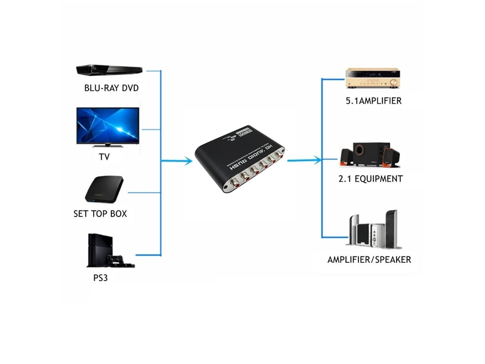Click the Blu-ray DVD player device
(108, 70)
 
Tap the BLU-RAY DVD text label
(111, 88)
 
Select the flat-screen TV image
(107, 126)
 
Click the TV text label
(104, 157)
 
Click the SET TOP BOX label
(100, 213)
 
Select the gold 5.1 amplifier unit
(373, 78)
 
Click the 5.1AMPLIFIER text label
(373, 101)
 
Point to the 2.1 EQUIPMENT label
(370, 179)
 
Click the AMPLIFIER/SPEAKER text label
(369, 259)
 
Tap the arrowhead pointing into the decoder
(188, 161)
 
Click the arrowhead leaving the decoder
(316, 160)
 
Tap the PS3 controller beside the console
(115, 258)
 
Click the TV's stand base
(107, 146)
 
